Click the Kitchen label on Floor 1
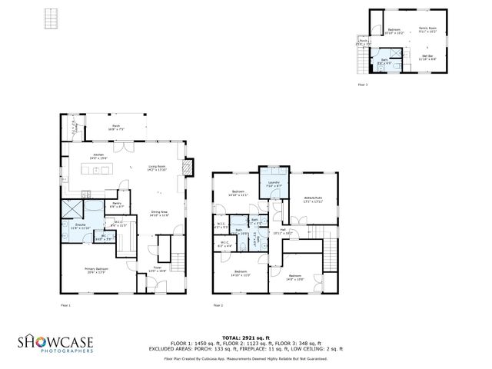coord(98,156)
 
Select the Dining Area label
coord(160,213)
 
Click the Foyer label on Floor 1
coord(157,270)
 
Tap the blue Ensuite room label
coord(80,226)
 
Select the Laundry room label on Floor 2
coord(273,184)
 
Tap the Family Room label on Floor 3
coord(427,30)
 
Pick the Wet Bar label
coord(428,56)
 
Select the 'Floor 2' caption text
coord(218,306)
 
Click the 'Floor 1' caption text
coord(65,306)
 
